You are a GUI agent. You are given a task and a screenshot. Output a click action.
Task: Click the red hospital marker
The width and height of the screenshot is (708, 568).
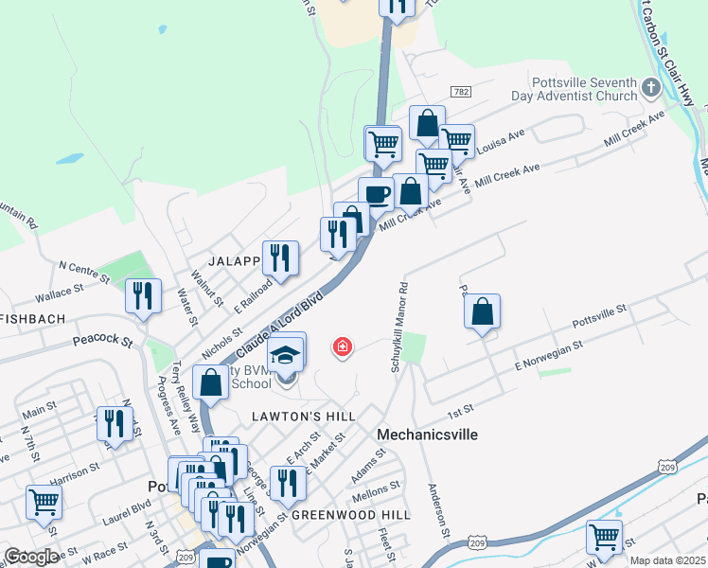point(343,348)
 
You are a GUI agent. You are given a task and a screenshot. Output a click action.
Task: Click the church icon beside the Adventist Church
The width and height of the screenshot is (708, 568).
point(650,89)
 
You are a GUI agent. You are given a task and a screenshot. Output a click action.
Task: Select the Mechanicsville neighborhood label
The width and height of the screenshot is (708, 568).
point(427,435)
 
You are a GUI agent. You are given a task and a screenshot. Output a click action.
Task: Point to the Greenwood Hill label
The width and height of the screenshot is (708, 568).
point(350,514)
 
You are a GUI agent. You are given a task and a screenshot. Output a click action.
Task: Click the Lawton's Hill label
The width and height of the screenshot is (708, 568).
point(303,417)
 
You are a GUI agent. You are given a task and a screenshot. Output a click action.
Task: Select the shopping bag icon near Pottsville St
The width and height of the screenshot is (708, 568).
point(482,311)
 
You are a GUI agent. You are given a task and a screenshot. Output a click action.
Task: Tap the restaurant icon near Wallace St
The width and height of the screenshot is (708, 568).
point(142,295)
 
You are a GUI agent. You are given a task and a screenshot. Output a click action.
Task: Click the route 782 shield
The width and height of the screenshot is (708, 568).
point(461,92)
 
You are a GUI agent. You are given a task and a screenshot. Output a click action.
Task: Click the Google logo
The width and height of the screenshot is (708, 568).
point(31,557)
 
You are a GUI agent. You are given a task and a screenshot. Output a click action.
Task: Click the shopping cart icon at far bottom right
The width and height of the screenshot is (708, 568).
point(604,537)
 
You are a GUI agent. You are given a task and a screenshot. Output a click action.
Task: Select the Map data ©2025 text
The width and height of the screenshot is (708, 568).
point(667,560)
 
